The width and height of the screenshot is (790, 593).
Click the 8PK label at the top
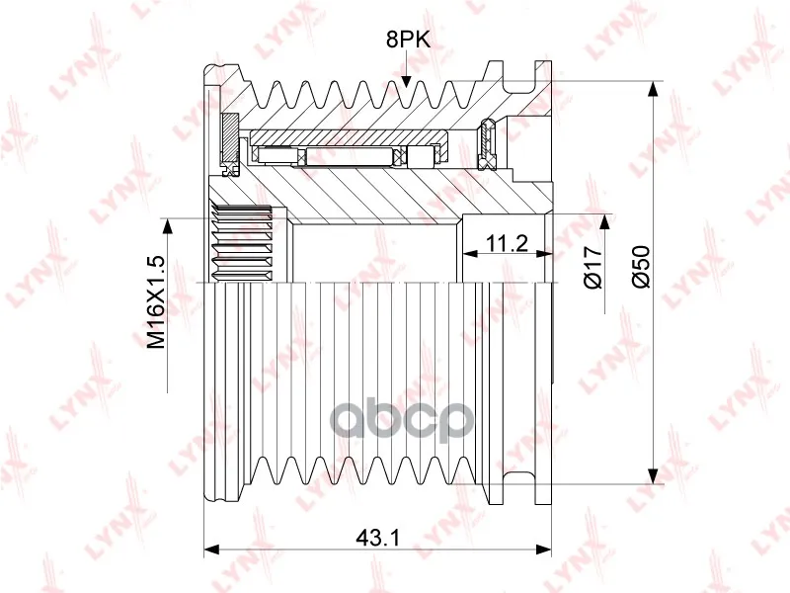pos(408,40)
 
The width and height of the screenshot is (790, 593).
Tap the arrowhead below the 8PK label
pos(406,82)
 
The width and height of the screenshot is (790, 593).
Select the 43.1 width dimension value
pos(377,538)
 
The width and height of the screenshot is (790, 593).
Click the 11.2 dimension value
pos(507,243)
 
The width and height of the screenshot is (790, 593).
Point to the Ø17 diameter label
pos(593,268)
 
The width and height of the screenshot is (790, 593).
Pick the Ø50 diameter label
pos(641,267)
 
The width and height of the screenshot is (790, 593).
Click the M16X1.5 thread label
pos(157,302)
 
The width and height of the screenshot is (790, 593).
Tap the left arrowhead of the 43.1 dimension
pos(211,550)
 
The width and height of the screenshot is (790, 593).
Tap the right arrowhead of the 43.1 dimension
pos(544,550)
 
